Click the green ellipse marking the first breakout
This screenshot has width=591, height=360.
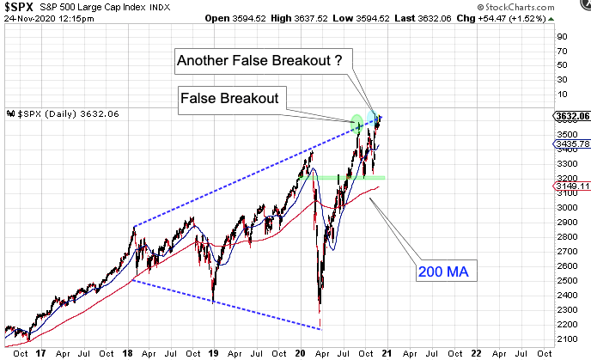pos(357,123)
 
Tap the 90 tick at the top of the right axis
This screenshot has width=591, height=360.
pos(562,37)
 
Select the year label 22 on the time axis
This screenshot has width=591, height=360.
pos(475,352)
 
